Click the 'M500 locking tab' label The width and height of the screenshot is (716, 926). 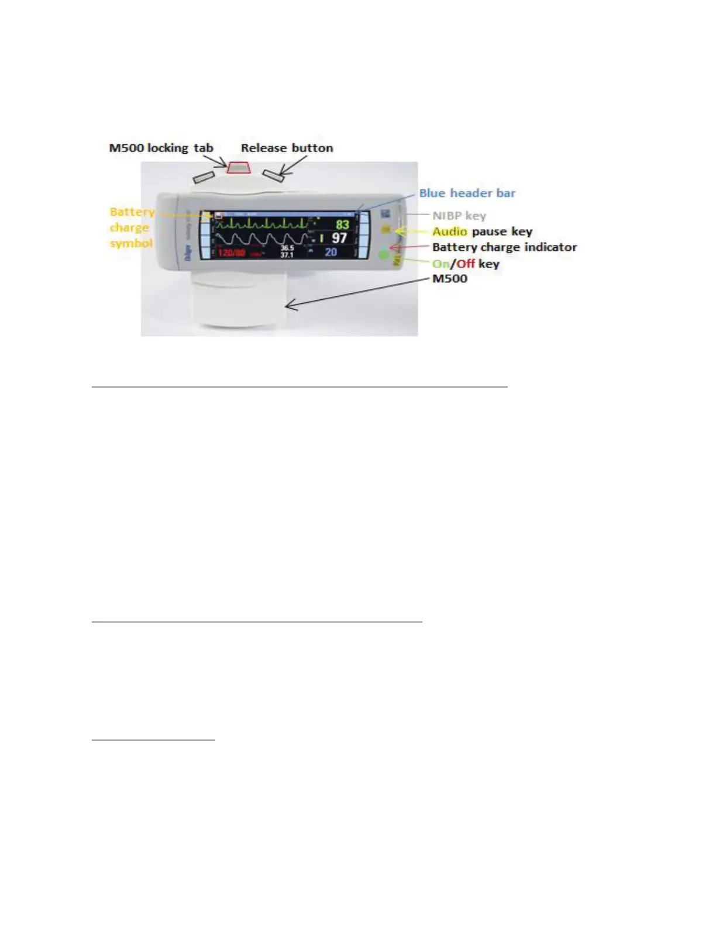pyautogui.click(x=161, y=148)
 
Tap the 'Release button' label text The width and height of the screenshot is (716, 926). pyautogui.click(x=287, y=148)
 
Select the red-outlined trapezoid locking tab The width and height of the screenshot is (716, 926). pyautogui.click(x=239, y=168)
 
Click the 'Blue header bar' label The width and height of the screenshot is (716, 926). pyautogui.click(x=467, y=193)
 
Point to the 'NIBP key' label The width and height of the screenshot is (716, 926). pyautogui.click(x=459, y=216)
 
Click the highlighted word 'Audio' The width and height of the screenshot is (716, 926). pyautogui.click(x=449, y=231)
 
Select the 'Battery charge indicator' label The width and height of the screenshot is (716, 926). pyautogui.click(x=504, y=247)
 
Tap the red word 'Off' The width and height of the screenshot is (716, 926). pyautogui.click(x=466, y=264)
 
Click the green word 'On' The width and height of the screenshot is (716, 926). pyautogui.click(x=440, y=264)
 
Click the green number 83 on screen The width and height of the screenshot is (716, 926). pyautogui.click(x=342, y=224)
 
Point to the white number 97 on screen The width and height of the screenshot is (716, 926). pyautogui.click(x=339, y=238)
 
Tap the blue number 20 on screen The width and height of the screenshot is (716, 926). pyautogui.click(x=331, y=252)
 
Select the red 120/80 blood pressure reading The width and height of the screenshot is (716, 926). pyautogui.click(x=232, y=253)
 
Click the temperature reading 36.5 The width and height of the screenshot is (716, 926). pyautogui.click(x=287, y=248)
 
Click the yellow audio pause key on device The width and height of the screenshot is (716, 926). pyautogui.click(x=386, y=230)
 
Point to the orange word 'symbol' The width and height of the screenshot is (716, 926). pyautogui.click(x=131, y=243)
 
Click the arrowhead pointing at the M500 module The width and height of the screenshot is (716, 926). pyautogui.click(x=289, y=305)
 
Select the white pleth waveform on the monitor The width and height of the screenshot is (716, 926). pyautogui.click(x=260, y=240)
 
